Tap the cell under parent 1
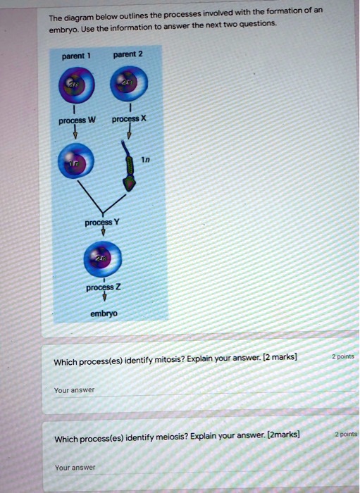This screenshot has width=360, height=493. click(74, 85)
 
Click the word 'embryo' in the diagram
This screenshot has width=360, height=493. click(104, 313)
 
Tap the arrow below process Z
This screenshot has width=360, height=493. click(104, 299)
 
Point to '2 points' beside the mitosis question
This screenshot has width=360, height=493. click(344, 356)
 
